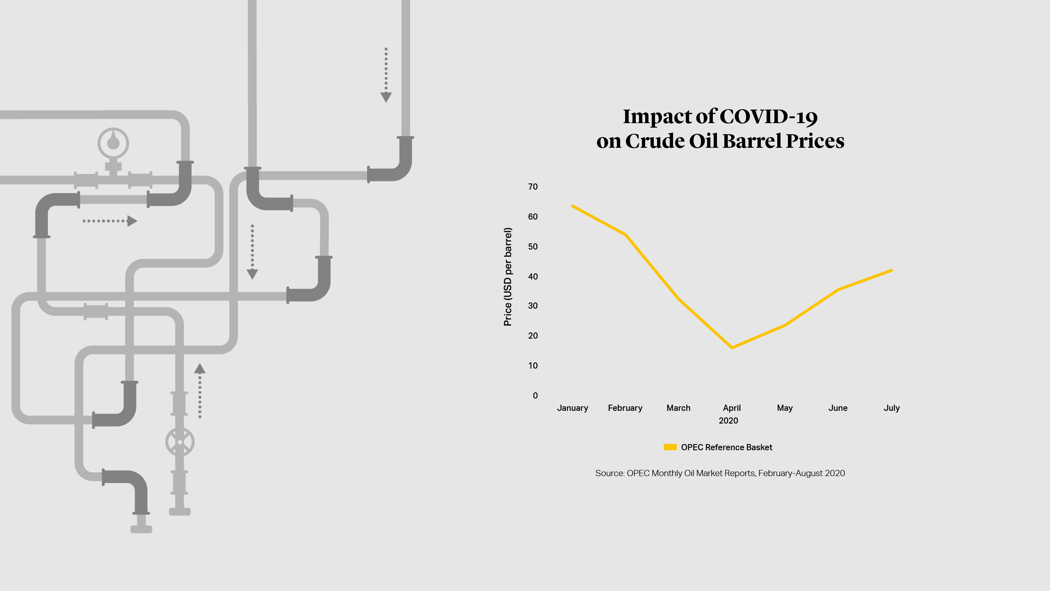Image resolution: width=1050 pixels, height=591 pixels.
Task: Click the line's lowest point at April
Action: [732, 348]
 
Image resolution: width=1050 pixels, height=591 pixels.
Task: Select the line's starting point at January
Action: [573, 206]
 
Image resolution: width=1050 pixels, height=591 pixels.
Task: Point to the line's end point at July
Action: [892, 270]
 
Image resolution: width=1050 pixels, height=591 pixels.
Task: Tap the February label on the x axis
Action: [625, 408]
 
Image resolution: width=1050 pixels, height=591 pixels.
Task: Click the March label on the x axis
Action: [678, 408]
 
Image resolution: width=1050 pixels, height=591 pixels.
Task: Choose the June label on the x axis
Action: [838, 408]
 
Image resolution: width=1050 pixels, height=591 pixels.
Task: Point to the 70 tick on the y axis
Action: [533, 187]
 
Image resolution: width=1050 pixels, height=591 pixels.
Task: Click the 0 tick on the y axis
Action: [535, 396]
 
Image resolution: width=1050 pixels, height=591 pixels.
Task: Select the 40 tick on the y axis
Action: [533, 277]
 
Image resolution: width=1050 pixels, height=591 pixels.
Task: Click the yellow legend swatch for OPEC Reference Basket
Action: [670, 447]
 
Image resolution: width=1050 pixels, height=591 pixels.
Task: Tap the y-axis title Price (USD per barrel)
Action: [508, 277]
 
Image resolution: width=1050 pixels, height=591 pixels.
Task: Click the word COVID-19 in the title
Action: [769, 117]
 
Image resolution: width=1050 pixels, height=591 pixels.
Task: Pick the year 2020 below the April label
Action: [728, 421]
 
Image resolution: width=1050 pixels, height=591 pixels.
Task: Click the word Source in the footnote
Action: [609, 473]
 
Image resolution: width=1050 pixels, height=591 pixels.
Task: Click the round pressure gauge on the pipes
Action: [113, 143]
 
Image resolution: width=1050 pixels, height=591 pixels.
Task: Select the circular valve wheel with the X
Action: [180, 442]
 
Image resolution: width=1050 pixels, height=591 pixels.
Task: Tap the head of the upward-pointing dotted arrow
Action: [200, 369]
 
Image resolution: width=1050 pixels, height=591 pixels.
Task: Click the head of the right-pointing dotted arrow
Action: [132, 221]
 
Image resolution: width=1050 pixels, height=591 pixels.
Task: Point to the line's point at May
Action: [785, 325]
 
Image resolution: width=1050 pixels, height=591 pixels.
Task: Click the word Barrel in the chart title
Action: [752, 141]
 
